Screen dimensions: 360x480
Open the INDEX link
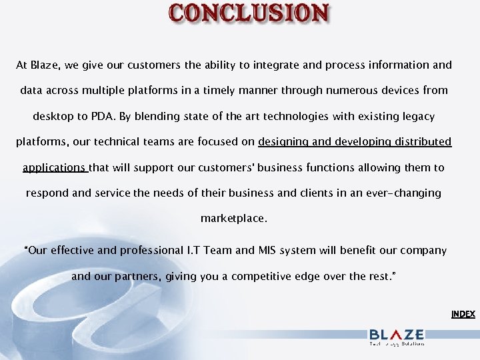click(463, 314)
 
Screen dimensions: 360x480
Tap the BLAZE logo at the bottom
click(397, 336)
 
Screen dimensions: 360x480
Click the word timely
click(230, 90)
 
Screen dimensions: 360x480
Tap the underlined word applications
click(54, 168)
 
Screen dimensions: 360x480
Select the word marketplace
click(233, 218)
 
